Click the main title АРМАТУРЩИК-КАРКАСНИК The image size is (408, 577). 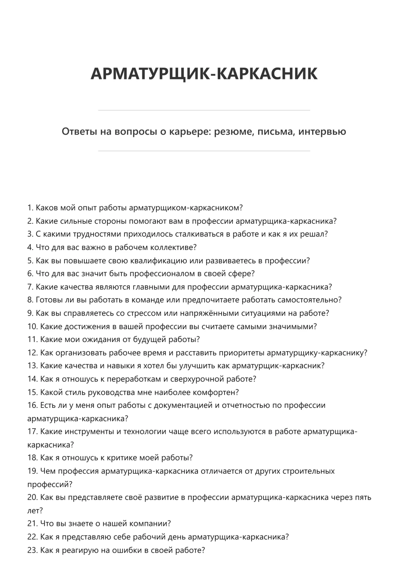[204, 74]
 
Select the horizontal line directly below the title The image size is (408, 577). [204, 110]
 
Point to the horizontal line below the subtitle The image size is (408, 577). [204, 151]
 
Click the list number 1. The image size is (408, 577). [30, 208]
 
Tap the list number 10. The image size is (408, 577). [32, 327]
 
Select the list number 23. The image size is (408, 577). [32, 550]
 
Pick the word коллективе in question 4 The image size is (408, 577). [173, 248]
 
